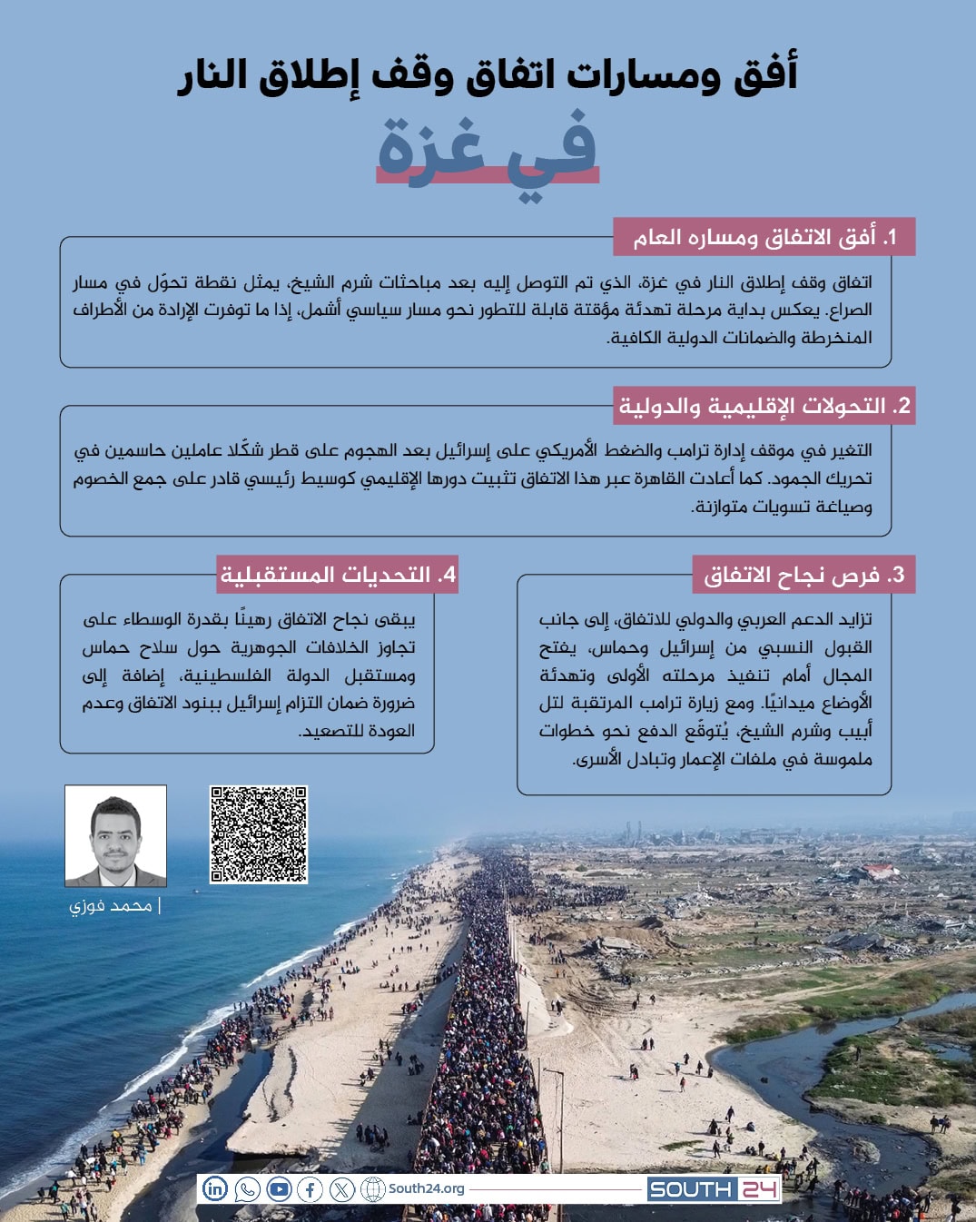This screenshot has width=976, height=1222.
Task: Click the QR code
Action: coord(259,834)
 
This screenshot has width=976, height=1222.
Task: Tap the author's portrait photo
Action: coord(115,835)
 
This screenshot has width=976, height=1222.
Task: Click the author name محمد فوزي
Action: coord(111,906)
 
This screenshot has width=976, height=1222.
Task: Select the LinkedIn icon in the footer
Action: coord(215,1188)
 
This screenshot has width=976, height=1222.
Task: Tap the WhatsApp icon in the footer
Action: coord(247,1188)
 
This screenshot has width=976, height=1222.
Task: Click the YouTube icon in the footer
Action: coord(279,1188)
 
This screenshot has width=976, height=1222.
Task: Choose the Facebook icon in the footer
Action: coord(311,1188)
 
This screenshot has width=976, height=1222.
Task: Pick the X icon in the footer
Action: coord(342,1188)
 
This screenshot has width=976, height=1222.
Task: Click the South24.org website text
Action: coord(426,1188)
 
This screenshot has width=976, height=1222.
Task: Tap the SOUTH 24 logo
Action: coord(714,1189)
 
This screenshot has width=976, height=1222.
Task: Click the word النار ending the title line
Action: coord(212,74)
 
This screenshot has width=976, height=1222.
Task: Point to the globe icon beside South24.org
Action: coord(373,1188)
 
